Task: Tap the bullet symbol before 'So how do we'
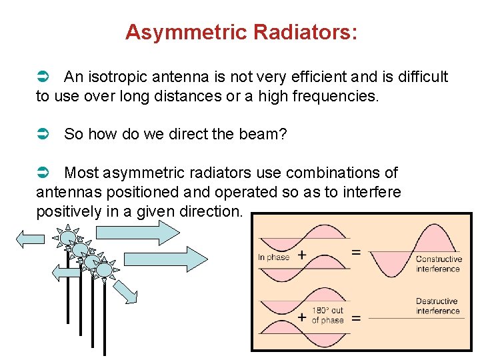pos(42,134)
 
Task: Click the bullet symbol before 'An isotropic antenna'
pos(42,77)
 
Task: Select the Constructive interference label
pos(438,264)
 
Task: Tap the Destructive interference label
pos(437,306)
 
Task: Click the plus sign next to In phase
pos(302,255)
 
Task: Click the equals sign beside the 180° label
pos(356,318)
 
